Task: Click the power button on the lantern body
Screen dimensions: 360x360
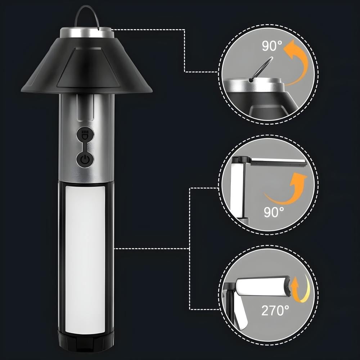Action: pos(85,159)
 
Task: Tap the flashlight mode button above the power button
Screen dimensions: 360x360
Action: pos(85,135)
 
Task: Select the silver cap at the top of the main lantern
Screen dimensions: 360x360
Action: pos(87,33)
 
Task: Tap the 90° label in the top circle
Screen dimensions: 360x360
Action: pos(272,46)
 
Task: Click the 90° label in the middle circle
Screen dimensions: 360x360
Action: pos(274,212)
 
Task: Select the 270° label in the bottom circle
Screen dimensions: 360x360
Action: pos(275,310)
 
